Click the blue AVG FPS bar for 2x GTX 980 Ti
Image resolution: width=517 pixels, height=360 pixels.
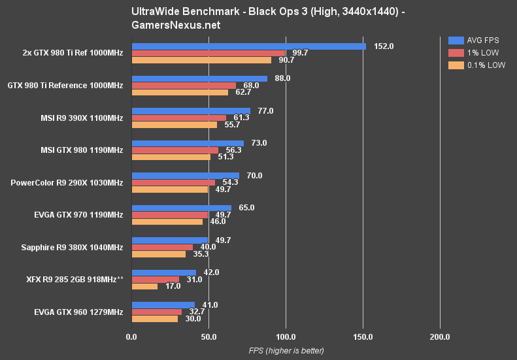[248, 46]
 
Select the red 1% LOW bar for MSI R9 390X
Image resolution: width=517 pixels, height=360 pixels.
[179, 118]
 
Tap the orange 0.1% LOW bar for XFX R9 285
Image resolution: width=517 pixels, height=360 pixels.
[144, 286]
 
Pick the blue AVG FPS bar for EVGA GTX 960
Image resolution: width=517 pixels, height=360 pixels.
[163, 304]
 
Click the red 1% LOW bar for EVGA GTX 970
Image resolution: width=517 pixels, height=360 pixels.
[170, 214]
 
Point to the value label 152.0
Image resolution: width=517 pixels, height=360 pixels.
[383, 46]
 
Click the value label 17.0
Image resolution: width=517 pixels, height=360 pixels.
[173, 286]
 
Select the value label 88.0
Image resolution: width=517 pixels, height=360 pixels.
[283, 78]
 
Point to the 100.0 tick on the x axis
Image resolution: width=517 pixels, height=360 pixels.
[286, 336]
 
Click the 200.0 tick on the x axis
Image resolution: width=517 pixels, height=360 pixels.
[440, 336]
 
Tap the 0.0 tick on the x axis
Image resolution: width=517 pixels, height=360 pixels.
[131, 336]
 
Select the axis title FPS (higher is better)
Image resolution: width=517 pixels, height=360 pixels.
[286, 351]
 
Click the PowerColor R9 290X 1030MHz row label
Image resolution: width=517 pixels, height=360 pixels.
[67, 182]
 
